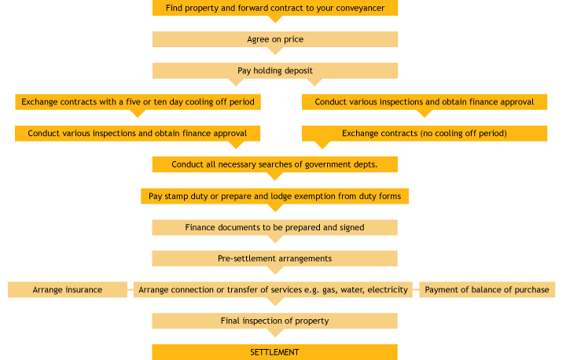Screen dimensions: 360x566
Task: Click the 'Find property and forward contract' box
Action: coord(274,8)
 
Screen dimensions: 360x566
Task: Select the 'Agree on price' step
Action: coord(274,39)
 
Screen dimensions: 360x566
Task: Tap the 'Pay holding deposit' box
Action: coord(274,71)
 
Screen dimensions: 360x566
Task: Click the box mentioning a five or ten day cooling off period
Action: coord(138,102)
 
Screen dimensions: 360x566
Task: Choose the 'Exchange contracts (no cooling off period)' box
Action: coord(424,134)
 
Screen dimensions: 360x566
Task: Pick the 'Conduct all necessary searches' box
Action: coord(274,164)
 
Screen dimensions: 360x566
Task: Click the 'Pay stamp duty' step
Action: coord(274,196)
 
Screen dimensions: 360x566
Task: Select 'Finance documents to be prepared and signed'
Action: coord(274,227)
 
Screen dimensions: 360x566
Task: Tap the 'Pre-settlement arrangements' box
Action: coord(274,259)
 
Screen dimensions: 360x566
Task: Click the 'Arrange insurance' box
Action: coord(68,290)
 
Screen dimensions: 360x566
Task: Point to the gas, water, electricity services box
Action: coord(273,290)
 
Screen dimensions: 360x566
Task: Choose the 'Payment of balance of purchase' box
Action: coord(487,290)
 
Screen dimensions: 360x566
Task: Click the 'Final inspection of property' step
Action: coord(274,321)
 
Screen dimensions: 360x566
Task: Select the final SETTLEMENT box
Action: coord(274,352)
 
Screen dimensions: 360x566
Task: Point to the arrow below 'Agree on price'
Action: coord(275,50)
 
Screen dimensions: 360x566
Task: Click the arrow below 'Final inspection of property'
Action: coord(275,332)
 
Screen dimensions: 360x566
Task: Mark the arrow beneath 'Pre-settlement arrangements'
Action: coord(275,270)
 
